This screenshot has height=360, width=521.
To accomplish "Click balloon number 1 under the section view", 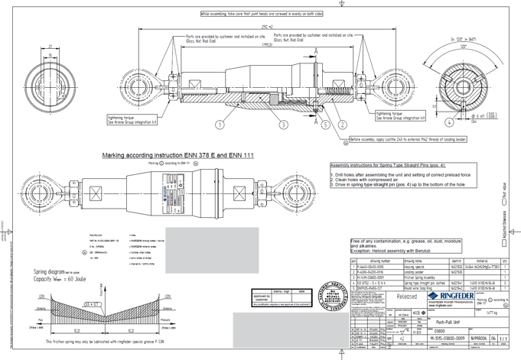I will [220, 125].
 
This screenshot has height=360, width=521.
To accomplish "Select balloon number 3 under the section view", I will [283, 125].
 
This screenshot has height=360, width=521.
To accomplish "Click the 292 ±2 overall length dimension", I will [266, 28].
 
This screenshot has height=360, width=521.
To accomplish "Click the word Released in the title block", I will [406, 297].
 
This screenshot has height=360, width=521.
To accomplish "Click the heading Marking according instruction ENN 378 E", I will [177, 155].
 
